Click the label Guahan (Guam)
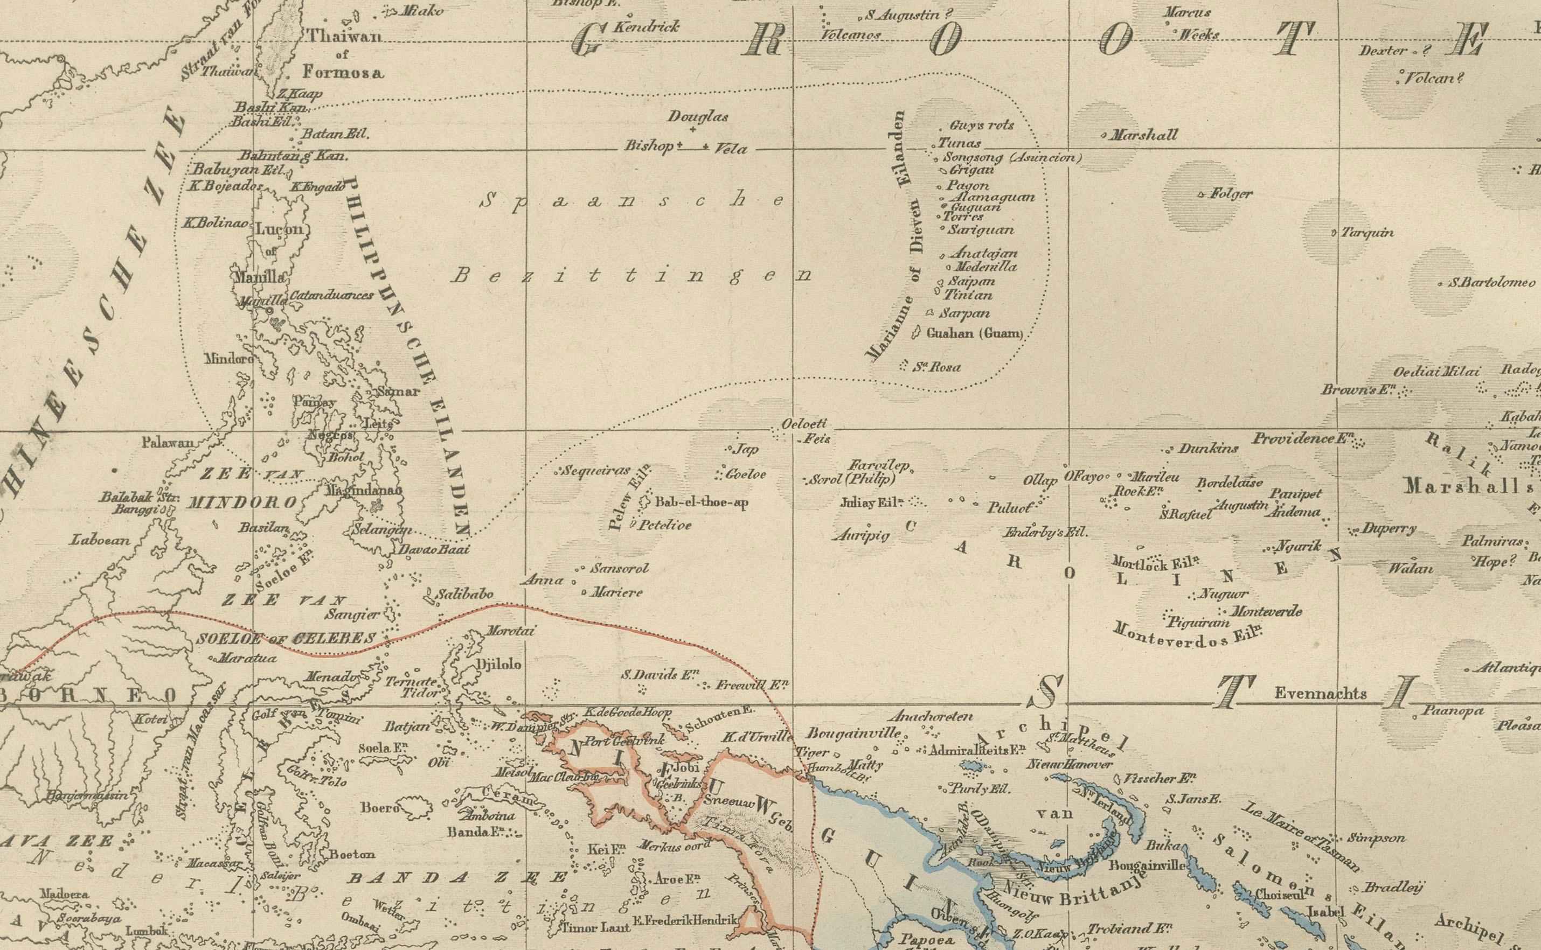pyautogui.click(x=975, y=334)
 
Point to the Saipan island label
pyautogui.click(x=971, y=282)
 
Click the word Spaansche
pyautogui.click(x=631, y=201)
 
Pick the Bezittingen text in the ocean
pyautogui.click(x=631, y=275)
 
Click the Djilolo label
pyautogui.click(x=499, y=664)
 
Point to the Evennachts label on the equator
pyautogui.click(x=1321, y=694)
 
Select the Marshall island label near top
pyautogui.click(x=1144, y=135)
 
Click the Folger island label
pyautogui.click(x=1231, y=194)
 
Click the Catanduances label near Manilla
pyautogui.click(x=331, y=295)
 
